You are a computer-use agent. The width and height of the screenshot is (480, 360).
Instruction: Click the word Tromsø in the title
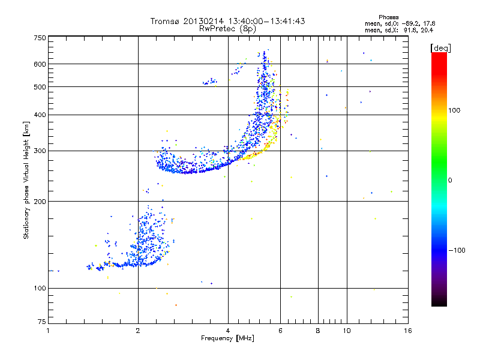click(166, 21)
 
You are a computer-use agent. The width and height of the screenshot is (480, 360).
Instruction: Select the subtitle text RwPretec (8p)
click(227, 29)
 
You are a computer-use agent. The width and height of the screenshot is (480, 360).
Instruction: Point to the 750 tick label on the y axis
click(40, 38)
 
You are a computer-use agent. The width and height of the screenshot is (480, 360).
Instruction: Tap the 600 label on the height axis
click(40, 64)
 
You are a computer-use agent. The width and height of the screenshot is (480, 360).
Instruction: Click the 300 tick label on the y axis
click(40, 151)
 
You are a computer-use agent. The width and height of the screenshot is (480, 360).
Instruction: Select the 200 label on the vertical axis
click(40, 202)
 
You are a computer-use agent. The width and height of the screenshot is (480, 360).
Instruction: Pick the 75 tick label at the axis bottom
click(42, 322)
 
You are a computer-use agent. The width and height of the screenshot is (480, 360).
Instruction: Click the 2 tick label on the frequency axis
click(138, 331)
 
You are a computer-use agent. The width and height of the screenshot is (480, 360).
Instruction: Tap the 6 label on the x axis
click(280, 331)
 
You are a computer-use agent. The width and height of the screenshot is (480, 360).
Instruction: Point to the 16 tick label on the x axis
click(408, 331)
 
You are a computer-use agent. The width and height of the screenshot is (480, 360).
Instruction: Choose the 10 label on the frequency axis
click(347, 331)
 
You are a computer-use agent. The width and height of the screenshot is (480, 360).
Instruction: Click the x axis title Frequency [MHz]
click(227, 338)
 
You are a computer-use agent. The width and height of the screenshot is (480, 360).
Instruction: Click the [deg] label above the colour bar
click(440, 48)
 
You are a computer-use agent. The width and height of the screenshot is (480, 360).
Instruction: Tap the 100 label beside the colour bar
click(454, 110)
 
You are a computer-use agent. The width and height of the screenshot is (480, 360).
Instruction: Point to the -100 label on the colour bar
click(457, 250)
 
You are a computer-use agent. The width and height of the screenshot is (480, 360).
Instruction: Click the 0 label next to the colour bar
click(450, 181)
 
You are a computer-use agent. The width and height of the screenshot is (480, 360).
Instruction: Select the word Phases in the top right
click(388, 17)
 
